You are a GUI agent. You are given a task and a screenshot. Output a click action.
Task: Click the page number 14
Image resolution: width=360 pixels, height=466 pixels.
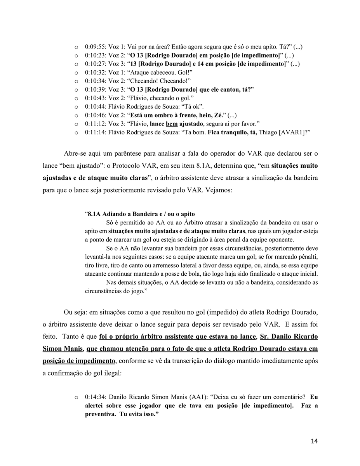tap(314, 441)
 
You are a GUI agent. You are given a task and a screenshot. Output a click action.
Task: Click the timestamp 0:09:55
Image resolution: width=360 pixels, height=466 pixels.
tap(95, 47)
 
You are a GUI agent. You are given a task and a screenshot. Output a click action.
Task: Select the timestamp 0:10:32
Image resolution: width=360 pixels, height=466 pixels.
tap(95, 72)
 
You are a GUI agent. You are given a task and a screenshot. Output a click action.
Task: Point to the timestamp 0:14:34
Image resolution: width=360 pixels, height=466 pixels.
tap(95, 397)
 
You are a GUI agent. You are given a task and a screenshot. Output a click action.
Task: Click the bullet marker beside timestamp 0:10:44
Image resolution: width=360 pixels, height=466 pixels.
tap(77, 107)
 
